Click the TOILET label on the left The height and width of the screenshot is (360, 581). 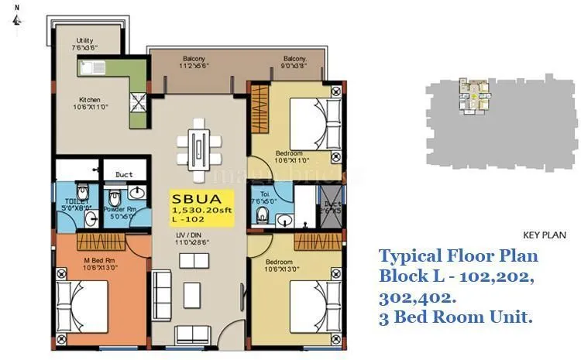click(77, 203)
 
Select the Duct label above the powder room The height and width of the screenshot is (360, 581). click(124, 175)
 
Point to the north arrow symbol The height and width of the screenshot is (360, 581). click(16, 19)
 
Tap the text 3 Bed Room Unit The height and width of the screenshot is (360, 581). click(454, 317)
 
